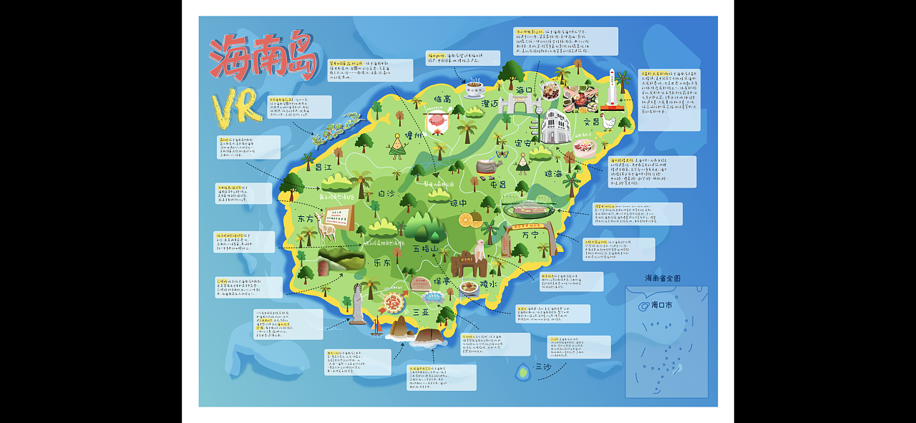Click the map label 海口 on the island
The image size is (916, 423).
pyautogui.click(x=525, y=91)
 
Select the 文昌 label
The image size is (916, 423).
pyautogui.click(x=591, y=122)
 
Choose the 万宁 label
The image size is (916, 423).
pyautogui.click(x=531, y=234)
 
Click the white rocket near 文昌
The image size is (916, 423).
pyautogui.click(x=612, y=89)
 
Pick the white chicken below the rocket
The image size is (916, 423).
pyautogui.click(x=608, y=122)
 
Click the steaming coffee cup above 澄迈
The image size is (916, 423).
pyautogui.click(x=474, y=88)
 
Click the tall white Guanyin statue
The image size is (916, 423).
pyautogui.click(x=357, y=304)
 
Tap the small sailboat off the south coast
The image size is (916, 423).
pyautogui.click(x=376, y=327)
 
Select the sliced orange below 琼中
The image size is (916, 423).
pyautogui.click(x=470, y=221)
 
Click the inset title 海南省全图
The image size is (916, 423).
pyautogui.click(x=662, y=278)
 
